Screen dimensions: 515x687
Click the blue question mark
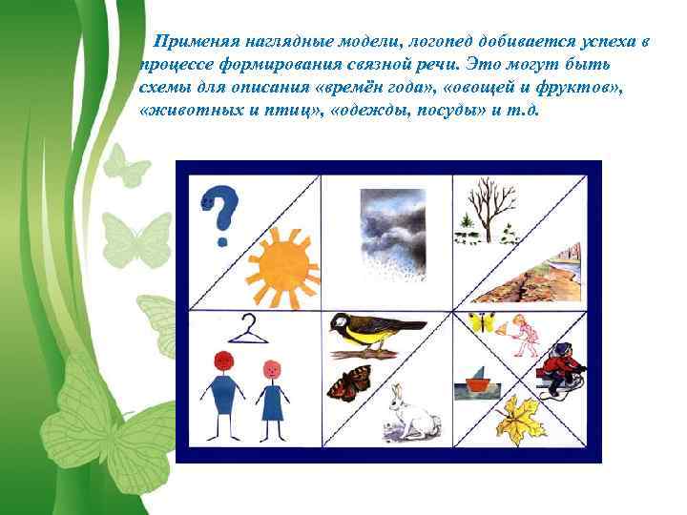(220, 214)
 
